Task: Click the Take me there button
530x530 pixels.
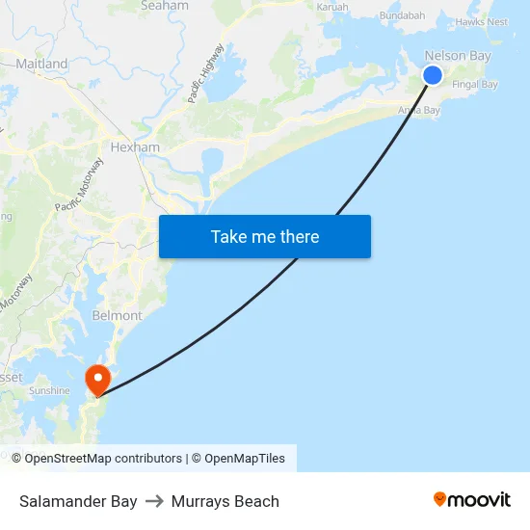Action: tap(265, 236)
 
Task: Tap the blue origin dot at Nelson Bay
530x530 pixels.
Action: tap(433, 75)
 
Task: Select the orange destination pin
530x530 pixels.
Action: tap(97, 379)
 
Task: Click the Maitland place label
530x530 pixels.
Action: tap(41, 64)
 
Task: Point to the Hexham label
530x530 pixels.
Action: tap(135, 147)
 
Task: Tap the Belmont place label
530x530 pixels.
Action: tap(117, 315)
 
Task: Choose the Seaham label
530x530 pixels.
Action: tap(165, 6)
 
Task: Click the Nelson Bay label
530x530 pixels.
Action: tap(458, 56)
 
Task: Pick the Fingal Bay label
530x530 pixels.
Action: tap(475, 85)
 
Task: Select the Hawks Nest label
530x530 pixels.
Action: tap(482, 21)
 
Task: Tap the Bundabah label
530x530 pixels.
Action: tap(403, 15)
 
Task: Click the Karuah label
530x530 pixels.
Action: tap(332, 7)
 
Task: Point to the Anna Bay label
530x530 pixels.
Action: tap(419, 111)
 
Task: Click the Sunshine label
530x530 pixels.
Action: tap(49, 390)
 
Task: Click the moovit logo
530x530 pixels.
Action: tap(472, 500)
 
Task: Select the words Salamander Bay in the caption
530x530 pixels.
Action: tap(78, 501)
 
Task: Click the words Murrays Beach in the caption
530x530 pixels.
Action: tap(225, 501)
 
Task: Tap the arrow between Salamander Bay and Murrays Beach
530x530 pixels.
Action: tap(154, 501)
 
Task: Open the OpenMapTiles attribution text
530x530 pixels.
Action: tap(245, 459)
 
